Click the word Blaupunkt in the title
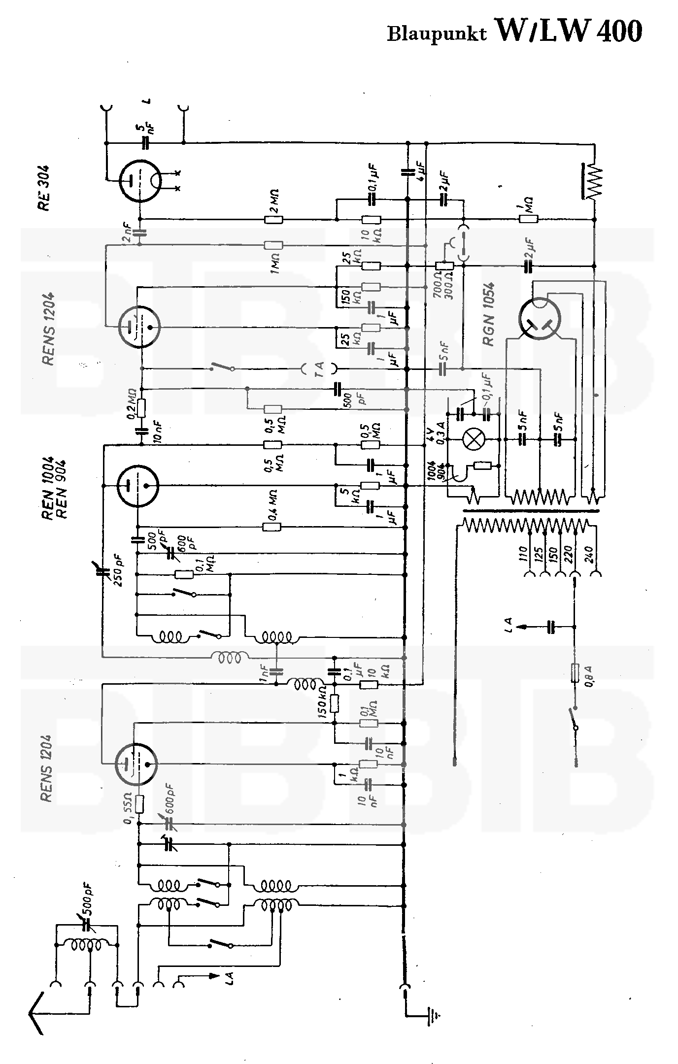click(x=437, y=33)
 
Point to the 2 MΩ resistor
click(x=273, y=219)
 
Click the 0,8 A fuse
click(x=575, y=672)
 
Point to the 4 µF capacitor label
click(x=422, y=170)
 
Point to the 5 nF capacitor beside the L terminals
click(x=145, y=143)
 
